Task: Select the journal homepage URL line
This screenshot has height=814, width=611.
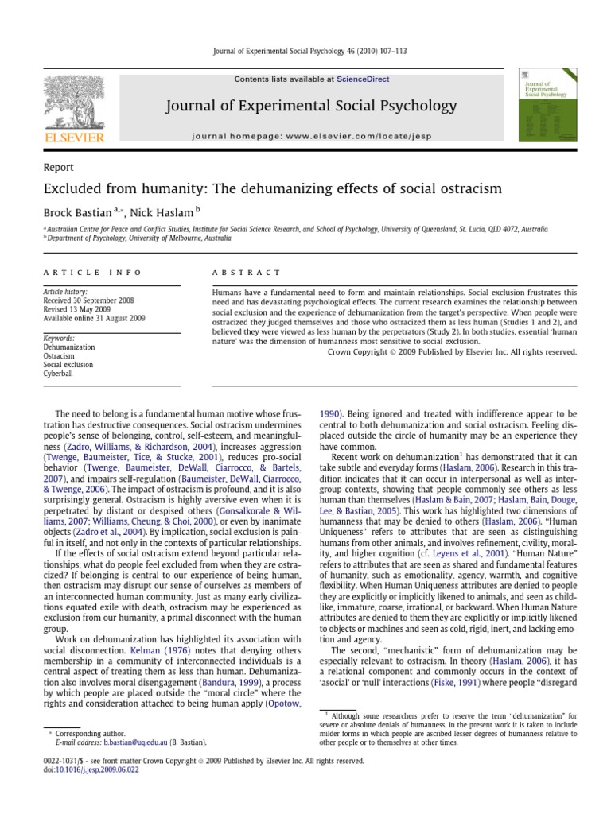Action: pyautogui.click(x=311, y=136)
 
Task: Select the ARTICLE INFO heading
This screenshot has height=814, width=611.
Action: pyautogui.click(x=92, y=273)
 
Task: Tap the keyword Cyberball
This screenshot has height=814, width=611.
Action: pyautogui.click(x=59, y=373)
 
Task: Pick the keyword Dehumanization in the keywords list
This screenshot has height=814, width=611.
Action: pyautogui.click(x=68, y=347)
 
